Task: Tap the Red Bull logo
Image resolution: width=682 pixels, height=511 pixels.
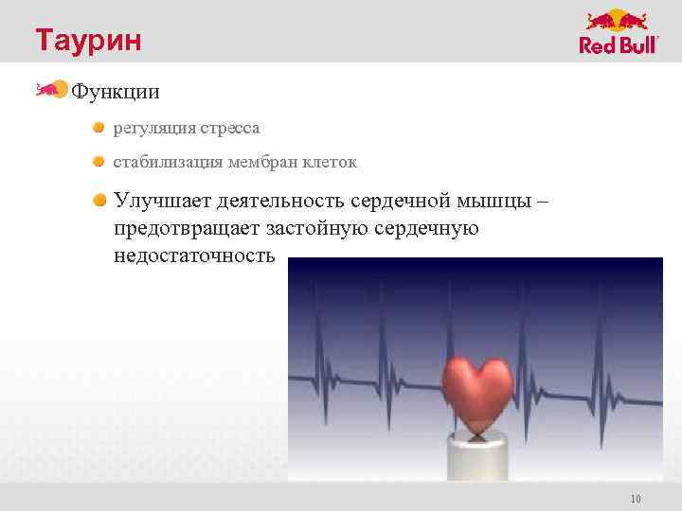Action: (619, 32)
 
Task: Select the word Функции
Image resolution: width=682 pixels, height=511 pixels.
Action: (116, 92)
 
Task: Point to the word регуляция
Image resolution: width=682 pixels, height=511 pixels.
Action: (151, 128)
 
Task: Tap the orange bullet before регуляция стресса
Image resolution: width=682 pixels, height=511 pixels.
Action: (99, 127)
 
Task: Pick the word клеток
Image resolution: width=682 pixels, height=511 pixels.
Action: (332, 163)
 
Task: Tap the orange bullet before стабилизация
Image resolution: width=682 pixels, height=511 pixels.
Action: (99, 162)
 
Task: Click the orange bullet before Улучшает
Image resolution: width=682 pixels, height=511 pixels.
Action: (99, 200)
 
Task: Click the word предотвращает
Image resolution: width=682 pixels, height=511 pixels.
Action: (188, 228)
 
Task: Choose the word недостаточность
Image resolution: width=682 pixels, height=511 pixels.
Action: (195, 255)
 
